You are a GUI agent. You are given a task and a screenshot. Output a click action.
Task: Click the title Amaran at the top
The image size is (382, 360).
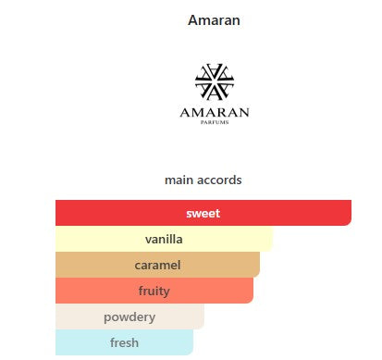click(214, 20)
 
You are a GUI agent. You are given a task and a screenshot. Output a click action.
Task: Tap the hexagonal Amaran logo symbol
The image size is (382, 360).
click(215, 81)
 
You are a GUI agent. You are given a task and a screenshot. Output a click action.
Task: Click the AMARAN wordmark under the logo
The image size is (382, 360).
click(215, 113)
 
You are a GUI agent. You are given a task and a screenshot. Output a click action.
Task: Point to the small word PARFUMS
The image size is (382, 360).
click(215, 122)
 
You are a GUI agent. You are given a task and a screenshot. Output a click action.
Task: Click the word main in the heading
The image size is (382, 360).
click(179, 180)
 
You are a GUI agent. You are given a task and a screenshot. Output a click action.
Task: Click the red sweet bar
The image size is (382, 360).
click(203, 213)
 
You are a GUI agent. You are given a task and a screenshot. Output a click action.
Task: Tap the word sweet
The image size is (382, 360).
click(203, 213)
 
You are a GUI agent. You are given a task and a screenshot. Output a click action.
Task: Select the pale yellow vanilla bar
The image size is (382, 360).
click(164, 239)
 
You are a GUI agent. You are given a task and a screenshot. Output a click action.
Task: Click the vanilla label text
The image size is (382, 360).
click(164, 239)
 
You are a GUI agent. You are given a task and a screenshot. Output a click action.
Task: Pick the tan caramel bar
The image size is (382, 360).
click(157, 265)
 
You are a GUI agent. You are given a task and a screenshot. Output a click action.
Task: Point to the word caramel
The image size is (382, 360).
click(157, 265)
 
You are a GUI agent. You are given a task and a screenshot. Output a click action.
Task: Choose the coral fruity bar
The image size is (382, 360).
click(154, 291)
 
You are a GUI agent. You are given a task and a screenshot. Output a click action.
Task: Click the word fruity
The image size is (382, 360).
click(154, 292)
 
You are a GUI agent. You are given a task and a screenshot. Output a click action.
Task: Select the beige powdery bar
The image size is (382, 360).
click(129, 317)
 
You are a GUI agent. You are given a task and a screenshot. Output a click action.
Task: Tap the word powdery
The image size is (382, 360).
click(129, 317)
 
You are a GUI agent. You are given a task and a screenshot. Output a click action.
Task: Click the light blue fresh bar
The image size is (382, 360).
click(124, 342)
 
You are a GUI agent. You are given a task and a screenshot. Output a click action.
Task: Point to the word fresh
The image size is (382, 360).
click(124, 342)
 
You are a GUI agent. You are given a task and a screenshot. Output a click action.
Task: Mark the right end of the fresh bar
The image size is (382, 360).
click(192, 342)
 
